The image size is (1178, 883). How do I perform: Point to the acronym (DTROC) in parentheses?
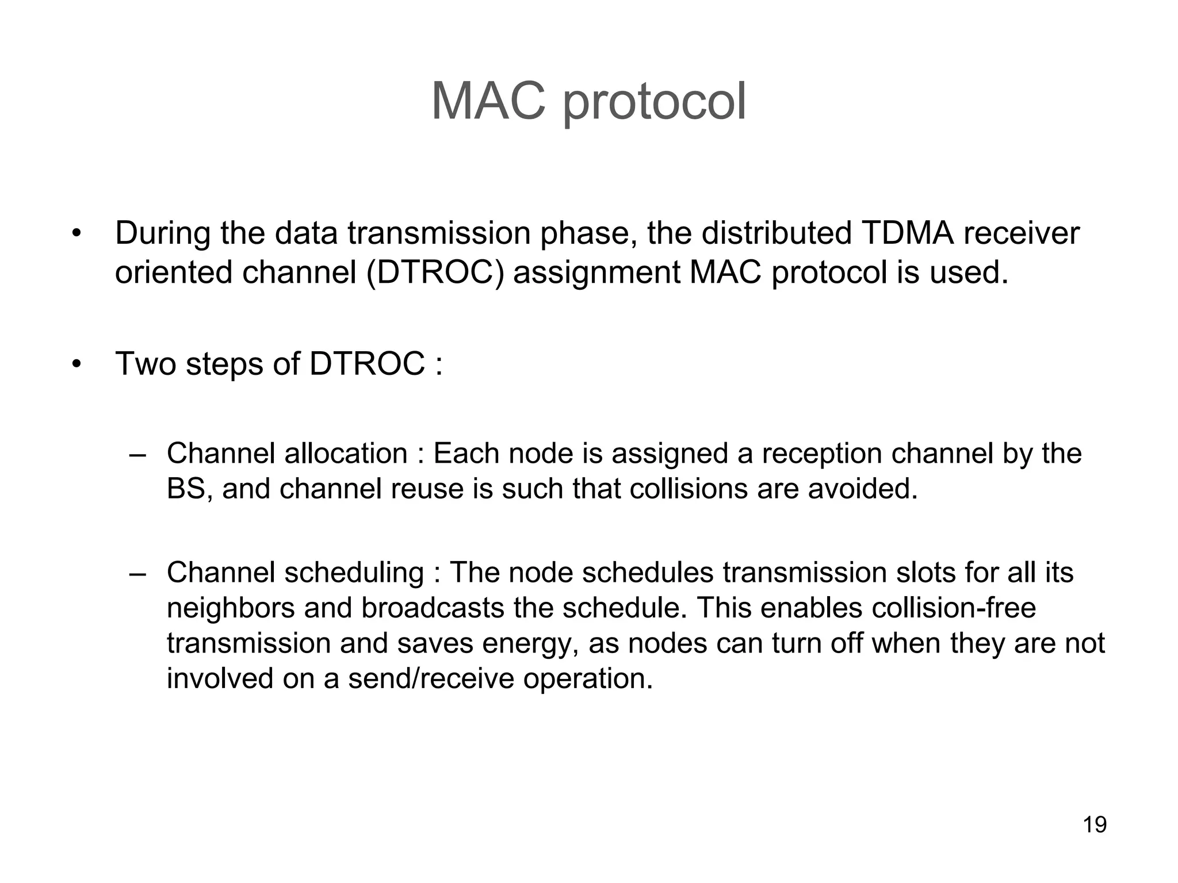pyautogui.click(x=435, y=272)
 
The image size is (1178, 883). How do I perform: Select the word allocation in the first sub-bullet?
pyautogui.click(x=346, y=454)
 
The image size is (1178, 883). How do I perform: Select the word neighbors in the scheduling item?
pyautogui.click(x=230, y=608)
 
